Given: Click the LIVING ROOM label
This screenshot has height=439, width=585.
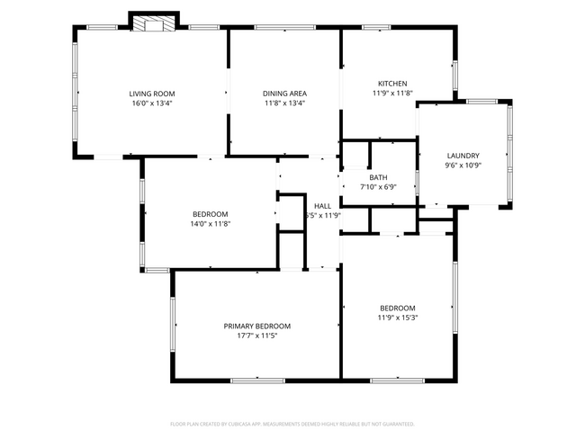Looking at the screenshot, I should coord(151,93).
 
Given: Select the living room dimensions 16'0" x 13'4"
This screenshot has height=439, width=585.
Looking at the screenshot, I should coord(151,103).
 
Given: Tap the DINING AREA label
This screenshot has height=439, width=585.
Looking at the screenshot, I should coord(283,93).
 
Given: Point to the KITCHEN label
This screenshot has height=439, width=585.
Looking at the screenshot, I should coord(392,83).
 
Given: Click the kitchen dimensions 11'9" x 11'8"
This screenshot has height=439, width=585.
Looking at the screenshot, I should coord(392,93).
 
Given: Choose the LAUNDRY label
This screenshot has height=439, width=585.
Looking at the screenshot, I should coord(463,155).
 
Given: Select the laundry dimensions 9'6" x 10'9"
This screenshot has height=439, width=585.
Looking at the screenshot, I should coord(463,165).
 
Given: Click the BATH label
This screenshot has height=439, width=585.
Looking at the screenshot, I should coord(378,177).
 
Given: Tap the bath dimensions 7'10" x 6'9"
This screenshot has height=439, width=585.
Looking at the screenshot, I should coord(378,187).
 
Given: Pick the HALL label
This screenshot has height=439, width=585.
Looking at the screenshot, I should coord(322,206).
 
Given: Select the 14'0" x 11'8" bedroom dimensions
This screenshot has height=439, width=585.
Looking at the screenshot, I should coord(211,223).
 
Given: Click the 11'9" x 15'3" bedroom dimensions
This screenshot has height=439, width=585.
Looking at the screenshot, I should coord(397,317).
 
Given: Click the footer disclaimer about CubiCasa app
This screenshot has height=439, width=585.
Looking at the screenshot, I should coord(292,423).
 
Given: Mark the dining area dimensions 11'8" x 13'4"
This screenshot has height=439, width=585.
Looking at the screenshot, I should coord(283,103).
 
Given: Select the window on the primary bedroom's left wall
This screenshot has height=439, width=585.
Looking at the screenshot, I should coord(172,325).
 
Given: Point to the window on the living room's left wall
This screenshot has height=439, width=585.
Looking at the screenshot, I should coord(74,91).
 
